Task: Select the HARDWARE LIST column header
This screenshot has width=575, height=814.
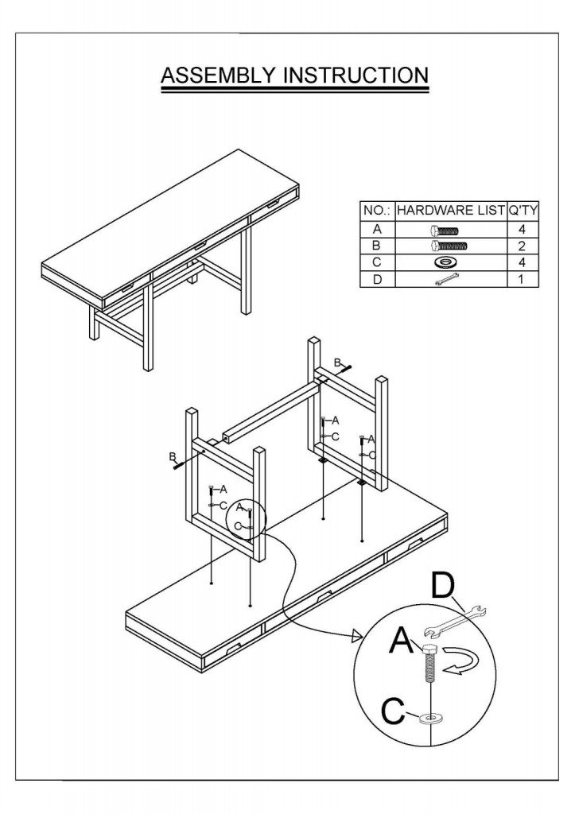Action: (450, 211)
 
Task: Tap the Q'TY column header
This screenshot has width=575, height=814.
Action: (523, 211)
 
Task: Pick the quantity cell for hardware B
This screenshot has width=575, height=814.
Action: (523, 246)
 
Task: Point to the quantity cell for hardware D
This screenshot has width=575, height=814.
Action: (523, 279)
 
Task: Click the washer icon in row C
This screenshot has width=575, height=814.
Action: (450, 262)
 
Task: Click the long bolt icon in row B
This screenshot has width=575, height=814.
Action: (450, 246)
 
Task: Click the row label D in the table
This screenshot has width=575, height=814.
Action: (377, 279)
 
